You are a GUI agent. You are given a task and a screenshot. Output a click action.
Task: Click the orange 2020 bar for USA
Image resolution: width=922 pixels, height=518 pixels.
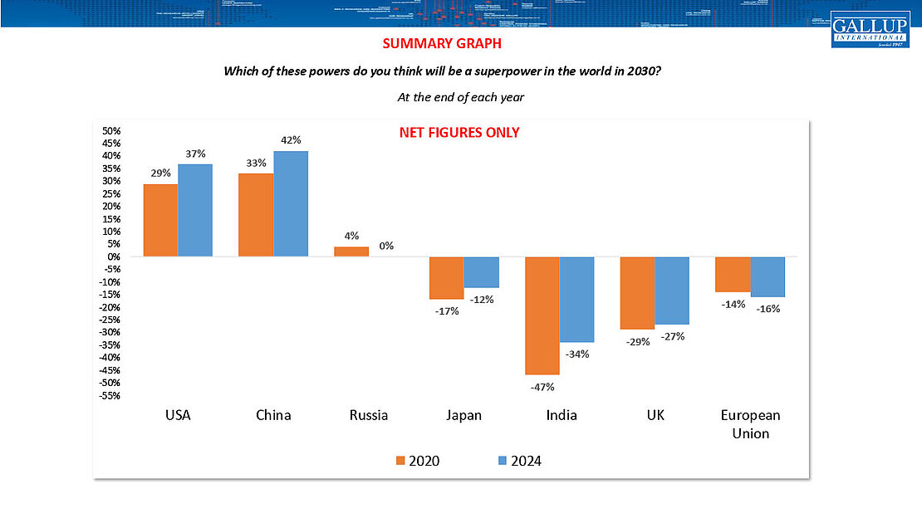[x=160, y=220]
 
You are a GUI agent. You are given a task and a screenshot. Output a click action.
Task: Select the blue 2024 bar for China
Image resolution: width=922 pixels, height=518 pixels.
[x=291, y=204]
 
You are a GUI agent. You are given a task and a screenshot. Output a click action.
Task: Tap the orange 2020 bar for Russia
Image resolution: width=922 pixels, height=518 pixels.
[x=351, y=252]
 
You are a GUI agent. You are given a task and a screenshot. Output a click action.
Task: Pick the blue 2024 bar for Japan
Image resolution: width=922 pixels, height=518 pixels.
[x=482, y=272]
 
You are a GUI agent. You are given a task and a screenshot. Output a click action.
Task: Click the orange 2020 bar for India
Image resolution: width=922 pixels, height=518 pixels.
[x=542, y=315]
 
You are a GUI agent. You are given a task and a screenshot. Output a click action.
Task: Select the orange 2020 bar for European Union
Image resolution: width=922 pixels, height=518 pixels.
[x=733, y=275]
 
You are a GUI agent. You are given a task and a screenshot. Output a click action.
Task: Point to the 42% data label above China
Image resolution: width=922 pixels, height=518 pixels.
[x=291, y=140]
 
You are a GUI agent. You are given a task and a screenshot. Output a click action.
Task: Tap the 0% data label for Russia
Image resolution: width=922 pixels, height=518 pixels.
[x=385, y=246]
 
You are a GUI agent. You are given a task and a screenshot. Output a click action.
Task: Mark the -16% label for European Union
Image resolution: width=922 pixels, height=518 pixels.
[x=768, y=308]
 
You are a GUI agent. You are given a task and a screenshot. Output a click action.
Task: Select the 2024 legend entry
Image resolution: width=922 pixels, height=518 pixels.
[x=518, y=461]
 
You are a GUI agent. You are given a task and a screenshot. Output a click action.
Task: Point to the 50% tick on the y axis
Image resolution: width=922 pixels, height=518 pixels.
[x=111, y=131]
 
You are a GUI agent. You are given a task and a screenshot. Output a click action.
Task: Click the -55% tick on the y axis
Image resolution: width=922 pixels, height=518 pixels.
[x=110, y=396]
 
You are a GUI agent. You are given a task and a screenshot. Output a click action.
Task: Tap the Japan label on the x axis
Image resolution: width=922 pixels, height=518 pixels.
[x=463, y=415]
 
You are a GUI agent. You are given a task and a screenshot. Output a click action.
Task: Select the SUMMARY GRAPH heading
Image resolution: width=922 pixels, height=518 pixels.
[x=442, y=43]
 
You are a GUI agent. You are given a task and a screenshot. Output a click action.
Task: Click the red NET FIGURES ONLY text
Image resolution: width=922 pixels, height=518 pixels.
[x=459, y=133]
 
